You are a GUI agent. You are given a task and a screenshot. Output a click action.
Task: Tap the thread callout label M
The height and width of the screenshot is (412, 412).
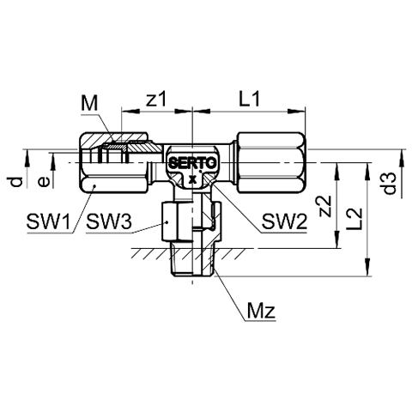(x=89, y=103)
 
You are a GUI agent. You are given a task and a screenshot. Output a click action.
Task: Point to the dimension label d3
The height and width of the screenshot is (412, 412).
(x=390, y=184)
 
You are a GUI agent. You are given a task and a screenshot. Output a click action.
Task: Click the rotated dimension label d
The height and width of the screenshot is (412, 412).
(x=17, y=182)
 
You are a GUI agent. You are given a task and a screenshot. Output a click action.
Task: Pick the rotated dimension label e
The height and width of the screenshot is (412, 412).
(x=44, y=181)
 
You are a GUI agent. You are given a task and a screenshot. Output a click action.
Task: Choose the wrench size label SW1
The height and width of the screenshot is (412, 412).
(x=48, y=221)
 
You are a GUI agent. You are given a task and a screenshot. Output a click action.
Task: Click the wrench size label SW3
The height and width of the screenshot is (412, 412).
(x=109, y=221)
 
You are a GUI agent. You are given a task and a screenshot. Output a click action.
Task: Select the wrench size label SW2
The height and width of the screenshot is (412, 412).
(x=284, y=221)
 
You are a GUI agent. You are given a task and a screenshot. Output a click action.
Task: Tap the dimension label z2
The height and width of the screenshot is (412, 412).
(x=325, y=206)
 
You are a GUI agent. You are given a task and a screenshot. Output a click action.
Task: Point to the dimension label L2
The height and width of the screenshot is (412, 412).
(x=356, y=219)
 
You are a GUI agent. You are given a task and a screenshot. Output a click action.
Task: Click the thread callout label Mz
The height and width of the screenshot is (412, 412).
(x=261, y=311)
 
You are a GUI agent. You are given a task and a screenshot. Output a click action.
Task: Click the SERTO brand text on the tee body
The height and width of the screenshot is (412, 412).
(x=192, y=163)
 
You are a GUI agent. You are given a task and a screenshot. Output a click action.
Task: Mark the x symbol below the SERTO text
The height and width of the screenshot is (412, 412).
(x=193, y=179)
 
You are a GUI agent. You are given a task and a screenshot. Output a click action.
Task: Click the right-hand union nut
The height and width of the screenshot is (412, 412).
(x=270, y=162)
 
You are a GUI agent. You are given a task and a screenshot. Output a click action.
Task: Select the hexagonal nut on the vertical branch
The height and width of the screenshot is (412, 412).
(x=191, y=221)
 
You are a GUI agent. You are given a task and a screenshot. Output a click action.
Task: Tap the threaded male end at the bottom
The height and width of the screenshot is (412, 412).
(x=192, y=258)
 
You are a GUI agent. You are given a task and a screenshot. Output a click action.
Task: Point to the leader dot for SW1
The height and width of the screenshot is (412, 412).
(x=94, y=186)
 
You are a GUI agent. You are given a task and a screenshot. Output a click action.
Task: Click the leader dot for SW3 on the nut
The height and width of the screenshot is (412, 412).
(x=167, y=221)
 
